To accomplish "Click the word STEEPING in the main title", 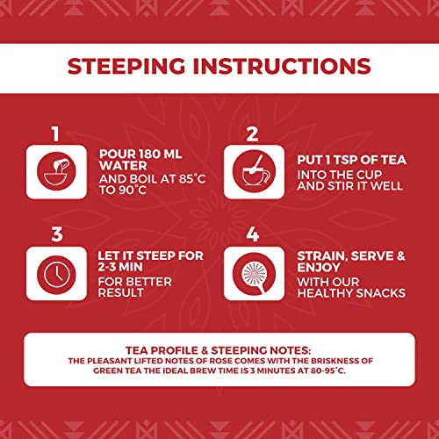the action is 126,66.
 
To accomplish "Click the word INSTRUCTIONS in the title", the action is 282,66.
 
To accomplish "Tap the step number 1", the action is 55,133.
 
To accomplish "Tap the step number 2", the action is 252,134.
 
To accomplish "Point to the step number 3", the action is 57,234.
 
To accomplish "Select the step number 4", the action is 253,234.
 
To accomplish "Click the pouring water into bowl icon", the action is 56,171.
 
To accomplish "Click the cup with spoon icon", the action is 254,171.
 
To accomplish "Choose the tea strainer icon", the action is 254,273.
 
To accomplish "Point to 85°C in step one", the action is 192,178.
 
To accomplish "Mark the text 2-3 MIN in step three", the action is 120,267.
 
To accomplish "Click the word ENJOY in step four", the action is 319,267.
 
